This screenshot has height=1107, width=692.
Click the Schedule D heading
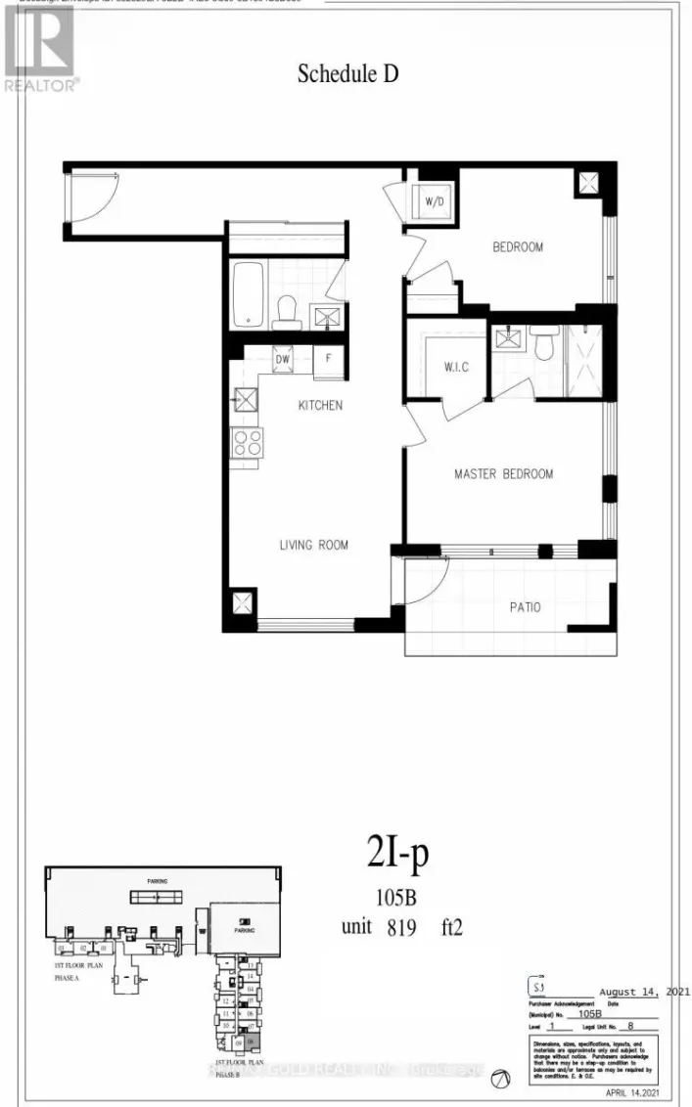[347, 73]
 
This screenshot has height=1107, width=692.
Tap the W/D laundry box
[435, 203]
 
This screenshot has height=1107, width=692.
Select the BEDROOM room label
[517, 247]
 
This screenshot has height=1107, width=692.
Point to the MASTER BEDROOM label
[503, 474]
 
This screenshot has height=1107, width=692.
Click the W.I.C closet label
[443, 368]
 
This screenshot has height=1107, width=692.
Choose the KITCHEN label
[321, 405]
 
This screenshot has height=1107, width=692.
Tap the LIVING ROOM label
[313, 545]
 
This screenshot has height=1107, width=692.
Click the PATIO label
[525, 606]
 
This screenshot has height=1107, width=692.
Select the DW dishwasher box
[283, 359]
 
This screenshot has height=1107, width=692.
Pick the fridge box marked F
[328, 359]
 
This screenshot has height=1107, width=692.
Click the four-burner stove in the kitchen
[247, 443]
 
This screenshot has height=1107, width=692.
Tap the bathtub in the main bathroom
[248, 293]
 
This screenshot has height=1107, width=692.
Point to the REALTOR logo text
[42, 85]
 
